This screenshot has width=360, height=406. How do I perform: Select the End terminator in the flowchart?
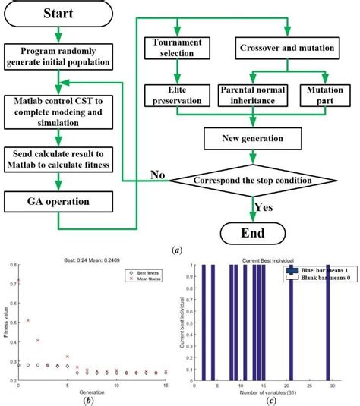click(251, 231)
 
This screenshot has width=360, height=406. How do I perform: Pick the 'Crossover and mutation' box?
click(288, 49)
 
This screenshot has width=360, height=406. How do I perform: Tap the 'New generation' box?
click(251, 140)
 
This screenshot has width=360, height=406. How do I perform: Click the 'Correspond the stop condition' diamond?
click(251, 181)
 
